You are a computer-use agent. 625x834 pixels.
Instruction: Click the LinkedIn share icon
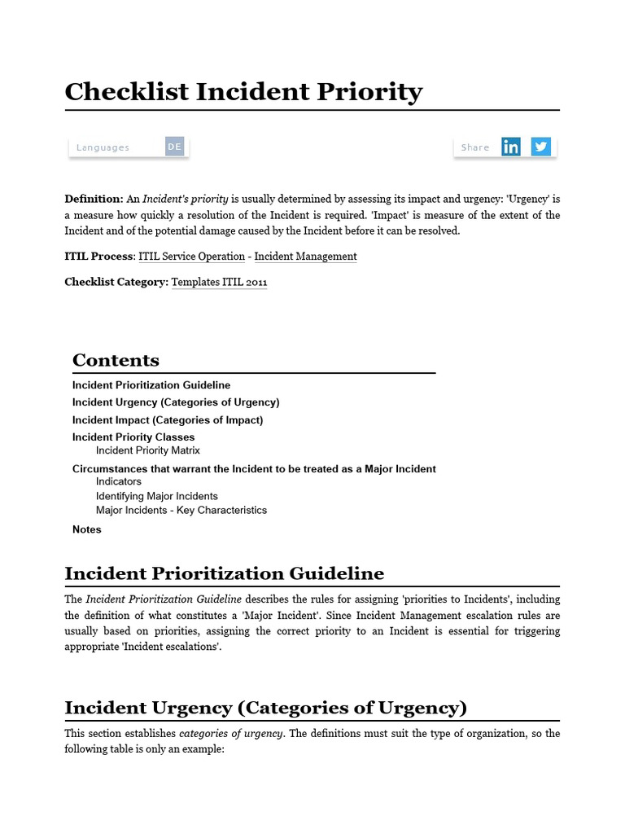tap(511, 147)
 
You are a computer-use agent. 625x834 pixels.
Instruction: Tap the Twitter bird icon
tap(541, 147)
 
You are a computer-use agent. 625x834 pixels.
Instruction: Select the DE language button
tap(175, 147)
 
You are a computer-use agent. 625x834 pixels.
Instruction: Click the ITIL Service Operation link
tap(191, 257)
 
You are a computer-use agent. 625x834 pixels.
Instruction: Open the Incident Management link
tap(305, 257)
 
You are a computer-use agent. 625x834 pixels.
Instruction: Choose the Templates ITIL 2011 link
tap(219, 283)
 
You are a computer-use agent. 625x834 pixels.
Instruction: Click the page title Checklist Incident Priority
tap(243, 91)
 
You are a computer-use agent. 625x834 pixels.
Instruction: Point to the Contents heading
tap(116, 360)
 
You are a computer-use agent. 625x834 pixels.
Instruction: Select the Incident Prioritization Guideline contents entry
tap(151, 385)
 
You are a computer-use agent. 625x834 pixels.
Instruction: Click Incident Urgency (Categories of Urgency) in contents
tap(176, 402)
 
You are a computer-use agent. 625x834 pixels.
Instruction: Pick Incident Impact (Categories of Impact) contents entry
tap(168, 420)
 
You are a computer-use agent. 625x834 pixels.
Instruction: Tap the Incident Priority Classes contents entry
tap(133, 437)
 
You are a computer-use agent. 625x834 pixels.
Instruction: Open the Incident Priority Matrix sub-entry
tap(147, 450)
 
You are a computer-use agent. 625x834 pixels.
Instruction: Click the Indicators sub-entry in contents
tap(119, 481)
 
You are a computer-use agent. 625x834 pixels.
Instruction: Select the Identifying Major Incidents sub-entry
tap(157, 496)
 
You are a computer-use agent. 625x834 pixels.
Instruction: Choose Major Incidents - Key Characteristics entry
tap(181, 511)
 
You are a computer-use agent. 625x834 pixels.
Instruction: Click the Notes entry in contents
tap(87, 529)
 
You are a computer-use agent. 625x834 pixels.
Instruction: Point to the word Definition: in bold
tap(94, 199)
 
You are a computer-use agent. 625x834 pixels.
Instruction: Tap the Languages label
tap(103, 147)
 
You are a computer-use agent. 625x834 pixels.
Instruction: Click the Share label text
tap(475, 147)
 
